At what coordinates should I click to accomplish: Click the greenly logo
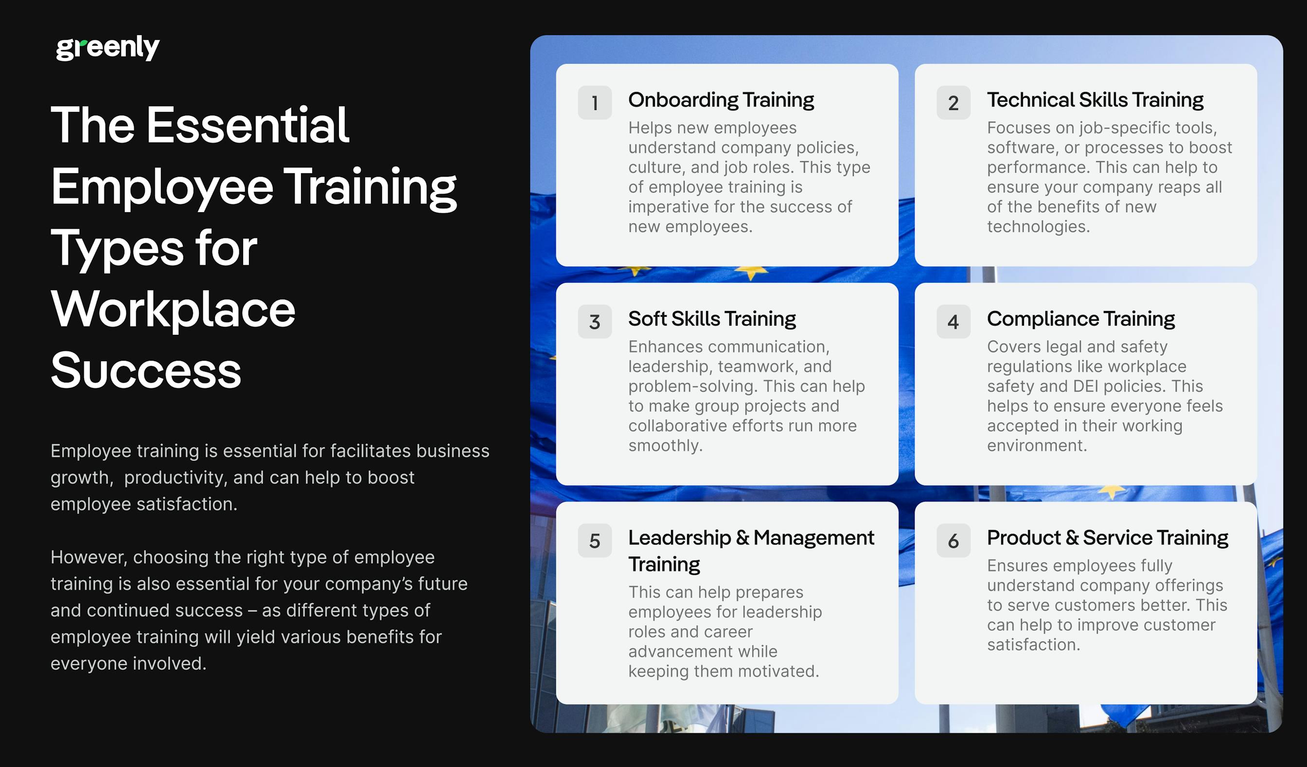tap(107, 48)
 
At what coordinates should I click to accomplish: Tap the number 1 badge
tap(594, 103)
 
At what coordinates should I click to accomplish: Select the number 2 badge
tap(953, 103)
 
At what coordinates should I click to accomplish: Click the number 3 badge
tap(594, 322)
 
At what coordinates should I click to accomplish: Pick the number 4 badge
tap(953, 322)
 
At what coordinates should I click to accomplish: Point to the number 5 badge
tap(594, 541)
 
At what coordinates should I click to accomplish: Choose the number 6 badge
tap(953, 541)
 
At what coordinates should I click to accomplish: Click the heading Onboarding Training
tap(721, 100)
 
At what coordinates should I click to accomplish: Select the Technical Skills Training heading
tap(1095, 100)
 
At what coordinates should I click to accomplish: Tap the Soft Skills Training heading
tap(711, 319)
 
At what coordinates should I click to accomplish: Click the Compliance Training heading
tap(1080, 319)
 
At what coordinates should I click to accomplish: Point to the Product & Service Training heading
tap(1107, 538)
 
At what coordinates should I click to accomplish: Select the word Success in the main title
tap(146, 370)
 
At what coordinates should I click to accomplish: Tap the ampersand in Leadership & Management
tap(742, 538)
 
